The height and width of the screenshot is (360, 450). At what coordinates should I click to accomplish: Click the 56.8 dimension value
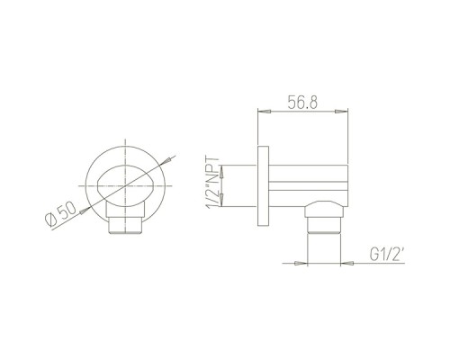click(302, 102)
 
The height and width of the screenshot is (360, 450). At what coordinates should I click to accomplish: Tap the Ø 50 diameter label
click(61, 213)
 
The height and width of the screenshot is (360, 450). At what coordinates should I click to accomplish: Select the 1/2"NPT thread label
click(213, 184)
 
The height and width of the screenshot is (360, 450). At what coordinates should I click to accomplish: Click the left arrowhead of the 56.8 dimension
click(265, 112)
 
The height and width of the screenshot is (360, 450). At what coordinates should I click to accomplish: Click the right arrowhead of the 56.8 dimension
click(341, 112)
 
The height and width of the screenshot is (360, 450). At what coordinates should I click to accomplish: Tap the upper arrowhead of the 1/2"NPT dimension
click(222, 172)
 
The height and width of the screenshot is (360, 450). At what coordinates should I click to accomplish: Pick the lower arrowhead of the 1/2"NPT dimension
click(222, 200)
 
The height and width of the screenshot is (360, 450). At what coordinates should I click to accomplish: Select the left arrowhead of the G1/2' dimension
click(301, 264)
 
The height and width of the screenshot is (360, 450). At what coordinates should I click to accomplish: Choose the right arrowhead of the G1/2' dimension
click(347, 264)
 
